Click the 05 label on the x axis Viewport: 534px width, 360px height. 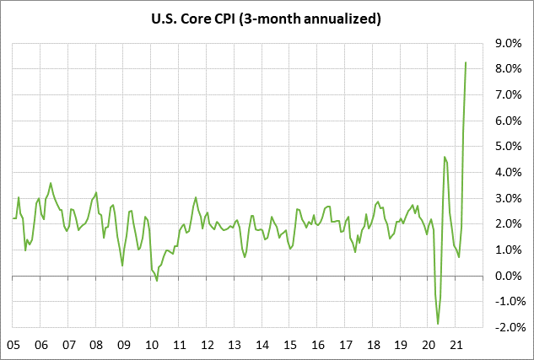pyautogui.click(x=13, y=344)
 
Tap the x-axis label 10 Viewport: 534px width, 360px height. pyautogui.click(x=152, y=344)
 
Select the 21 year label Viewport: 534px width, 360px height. pyautogui.click(x=456, y=344)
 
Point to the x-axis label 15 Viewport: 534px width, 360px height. pyautogui.click(x=290, y=344)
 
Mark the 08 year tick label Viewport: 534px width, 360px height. pyautogui.click(x=96, y=344)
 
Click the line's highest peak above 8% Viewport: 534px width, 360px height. pyautogui.click(x=467, y=62)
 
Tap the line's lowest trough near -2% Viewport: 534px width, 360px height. pyautogui.click(x=438, y=324)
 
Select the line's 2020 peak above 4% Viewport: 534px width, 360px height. pyautogui.click(x=445, y=157)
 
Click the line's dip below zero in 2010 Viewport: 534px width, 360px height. pyautogui.click(x=157, y=281)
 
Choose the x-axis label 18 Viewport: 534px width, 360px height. pyautogui.click(x=373, y=344)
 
